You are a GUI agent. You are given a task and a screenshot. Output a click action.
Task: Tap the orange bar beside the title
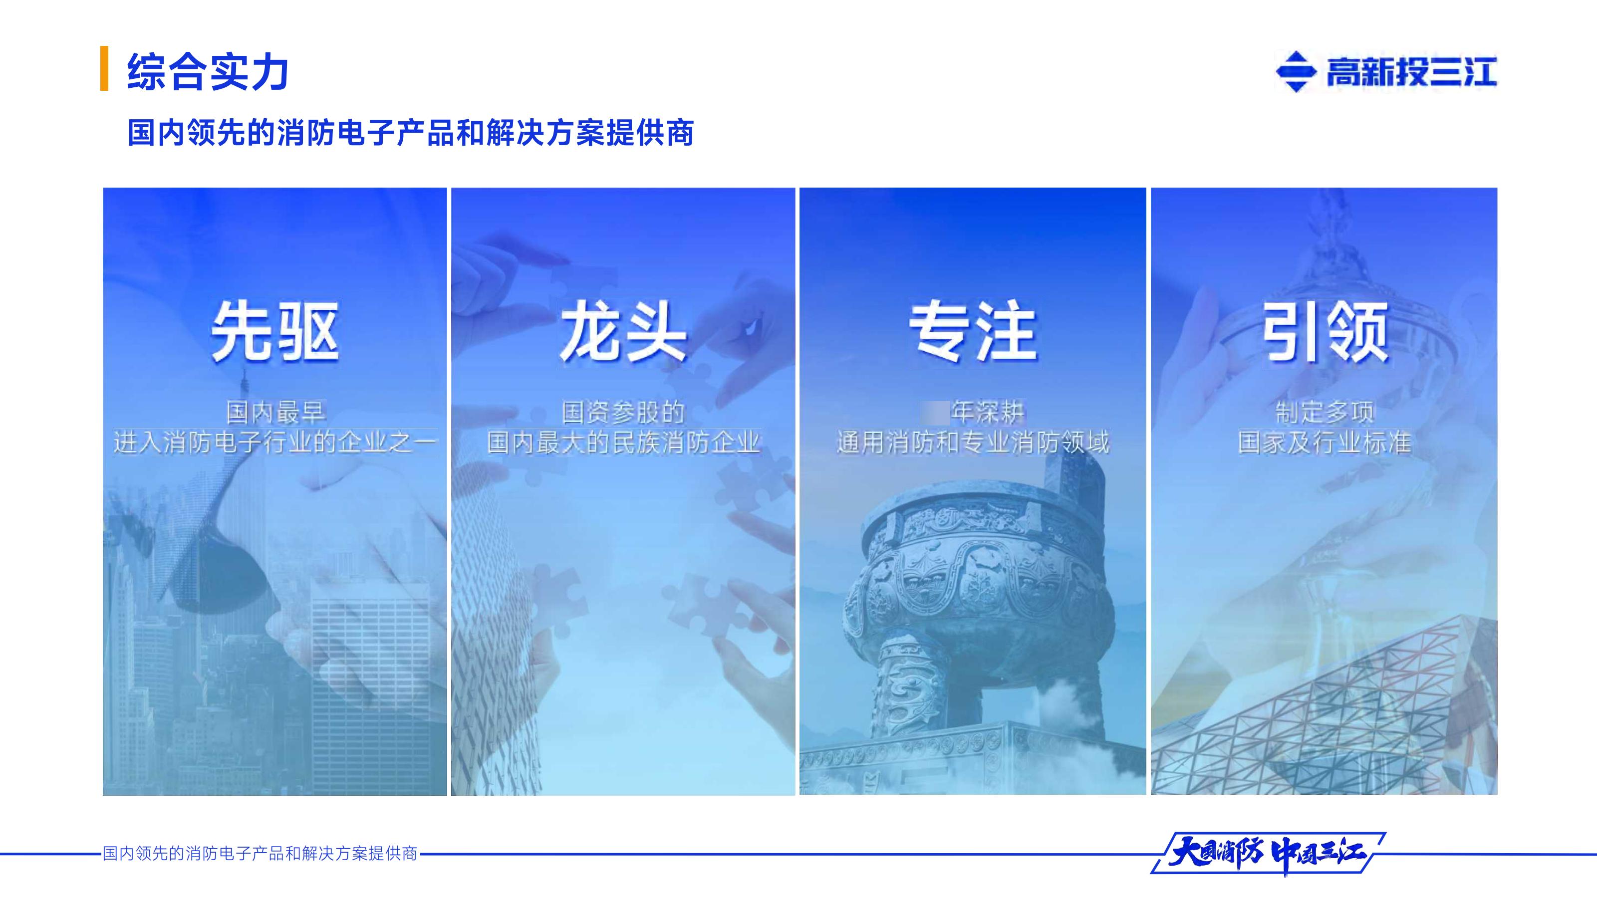(104, 69)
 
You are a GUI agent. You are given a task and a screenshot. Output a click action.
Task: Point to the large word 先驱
(274, 332)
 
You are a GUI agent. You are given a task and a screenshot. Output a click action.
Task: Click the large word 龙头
(623, 332)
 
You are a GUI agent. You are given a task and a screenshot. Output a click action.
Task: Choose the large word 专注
(973, 332)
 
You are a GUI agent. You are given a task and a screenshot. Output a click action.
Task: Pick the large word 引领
(1325, 332)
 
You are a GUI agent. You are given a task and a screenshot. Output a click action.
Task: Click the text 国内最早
(274, 412)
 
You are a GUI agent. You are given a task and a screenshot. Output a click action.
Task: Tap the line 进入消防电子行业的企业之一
(274, 443)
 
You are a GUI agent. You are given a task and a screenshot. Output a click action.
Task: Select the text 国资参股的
(623, 412)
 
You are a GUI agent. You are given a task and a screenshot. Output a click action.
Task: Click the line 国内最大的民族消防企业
(623, 443)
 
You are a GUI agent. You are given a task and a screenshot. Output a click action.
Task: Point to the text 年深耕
(988, 412)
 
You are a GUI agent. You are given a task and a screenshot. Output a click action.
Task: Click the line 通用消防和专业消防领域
(973, 443)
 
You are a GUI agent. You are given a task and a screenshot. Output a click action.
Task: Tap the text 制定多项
(1325, 412)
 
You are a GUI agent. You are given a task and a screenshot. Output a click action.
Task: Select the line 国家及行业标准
(1325, 443)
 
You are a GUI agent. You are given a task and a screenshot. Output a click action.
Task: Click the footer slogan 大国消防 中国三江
(1267, 854)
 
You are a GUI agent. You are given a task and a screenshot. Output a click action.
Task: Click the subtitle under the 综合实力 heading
(410, 133)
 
